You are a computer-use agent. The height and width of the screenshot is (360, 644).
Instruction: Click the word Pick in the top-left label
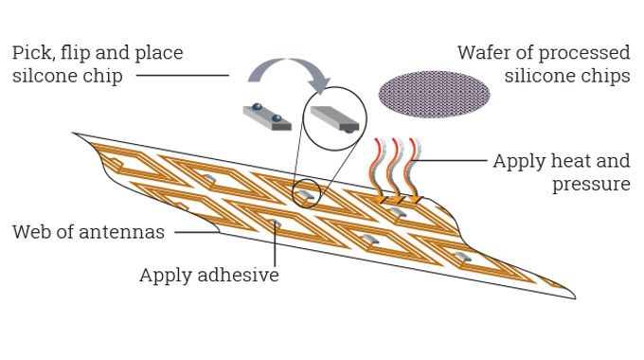coord(31,53)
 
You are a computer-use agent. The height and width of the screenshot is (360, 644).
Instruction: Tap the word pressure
coord(591,184)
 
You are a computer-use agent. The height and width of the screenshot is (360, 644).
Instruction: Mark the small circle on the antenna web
coord(306,193)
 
